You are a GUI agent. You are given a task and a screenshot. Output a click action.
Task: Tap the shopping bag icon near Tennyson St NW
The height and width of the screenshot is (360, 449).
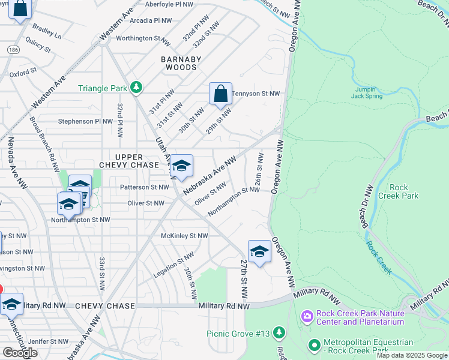[220, 94]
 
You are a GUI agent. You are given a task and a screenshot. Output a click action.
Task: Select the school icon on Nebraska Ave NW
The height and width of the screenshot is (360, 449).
[181, 166]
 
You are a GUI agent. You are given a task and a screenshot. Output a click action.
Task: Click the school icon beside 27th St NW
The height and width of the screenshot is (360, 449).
[259, 251]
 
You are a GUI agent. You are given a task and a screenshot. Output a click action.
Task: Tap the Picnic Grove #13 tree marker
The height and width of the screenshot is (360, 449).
[279, 332]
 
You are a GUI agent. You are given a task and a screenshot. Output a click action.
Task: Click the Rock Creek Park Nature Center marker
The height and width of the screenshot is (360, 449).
[307, 316]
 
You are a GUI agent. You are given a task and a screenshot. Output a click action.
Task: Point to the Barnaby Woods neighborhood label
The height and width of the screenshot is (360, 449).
[181, 63]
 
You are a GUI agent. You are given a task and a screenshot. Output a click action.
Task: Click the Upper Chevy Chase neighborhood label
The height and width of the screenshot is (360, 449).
[129, 161]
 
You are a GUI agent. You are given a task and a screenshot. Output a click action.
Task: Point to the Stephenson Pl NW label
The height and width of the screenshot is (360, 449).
[85, 121]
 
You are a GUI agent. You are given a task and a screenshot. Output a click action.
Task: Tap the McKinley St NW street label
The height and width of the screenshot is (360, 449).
[184, 236]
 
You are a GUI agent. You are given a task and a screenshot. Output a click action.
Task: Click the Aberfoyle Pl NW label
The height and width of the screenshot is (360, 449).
[169, 4]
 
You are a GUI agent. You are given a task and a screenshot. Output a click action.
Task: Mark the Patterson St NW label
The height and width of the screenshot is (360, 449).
[145, 187]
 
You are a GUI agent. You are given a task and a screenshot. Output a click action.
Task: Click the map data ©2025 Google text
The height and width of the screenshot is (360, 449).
[412, 355]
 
